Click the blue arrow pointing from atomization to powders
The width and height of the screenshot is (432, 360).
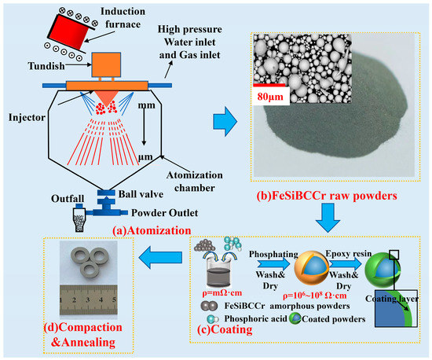tap(229, 120)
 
